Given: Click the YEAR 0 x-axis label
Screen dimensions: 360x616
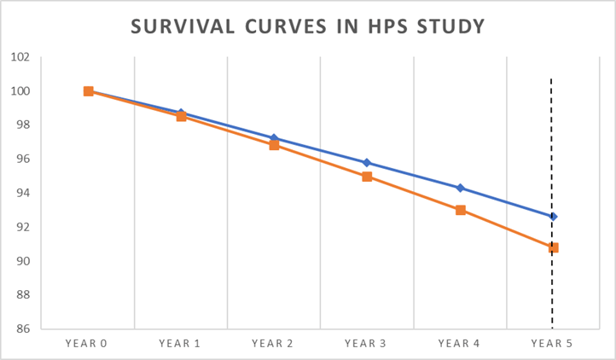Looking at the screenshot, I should click(x=88, y=344).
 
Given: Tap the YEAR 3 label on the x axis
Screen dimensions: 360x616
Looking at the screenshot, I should click(x=367, y=344).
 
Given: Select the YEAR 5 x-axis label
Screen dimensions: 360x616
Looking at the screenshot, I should click(x=553, y=344).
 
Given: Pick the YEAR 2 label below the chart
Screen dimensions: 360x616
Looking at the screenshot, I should click(x=274, y=344).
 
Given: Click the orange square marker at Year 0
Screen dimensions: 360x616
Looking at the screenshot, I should click(x=88, y=91).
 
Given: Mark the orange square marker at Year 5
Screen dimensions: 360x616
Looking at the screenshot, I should click(x=553, y=247).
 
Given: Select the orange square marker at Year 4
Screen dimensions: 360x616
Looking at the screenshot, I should click(x=461, y=210).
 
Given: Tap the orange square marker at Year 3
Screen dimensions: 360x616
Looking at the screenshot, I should click(x=367, y=177).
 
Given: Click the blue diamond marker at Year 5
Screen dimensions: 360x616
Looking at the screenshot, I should click(x=553, y=217).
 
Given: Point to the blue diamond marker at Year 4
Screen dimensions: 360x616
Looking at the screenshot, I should click(x=461, y=188).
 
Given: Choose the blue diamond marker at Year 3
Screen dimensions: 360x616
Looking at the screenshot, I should click(x=367, y=162).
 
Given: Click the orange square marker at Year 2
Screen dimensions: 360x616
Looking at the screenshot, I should click(x=274, y=145).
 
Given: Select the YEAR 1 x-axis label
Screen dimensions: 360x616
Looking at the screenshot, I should click(x=181, y=344).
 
